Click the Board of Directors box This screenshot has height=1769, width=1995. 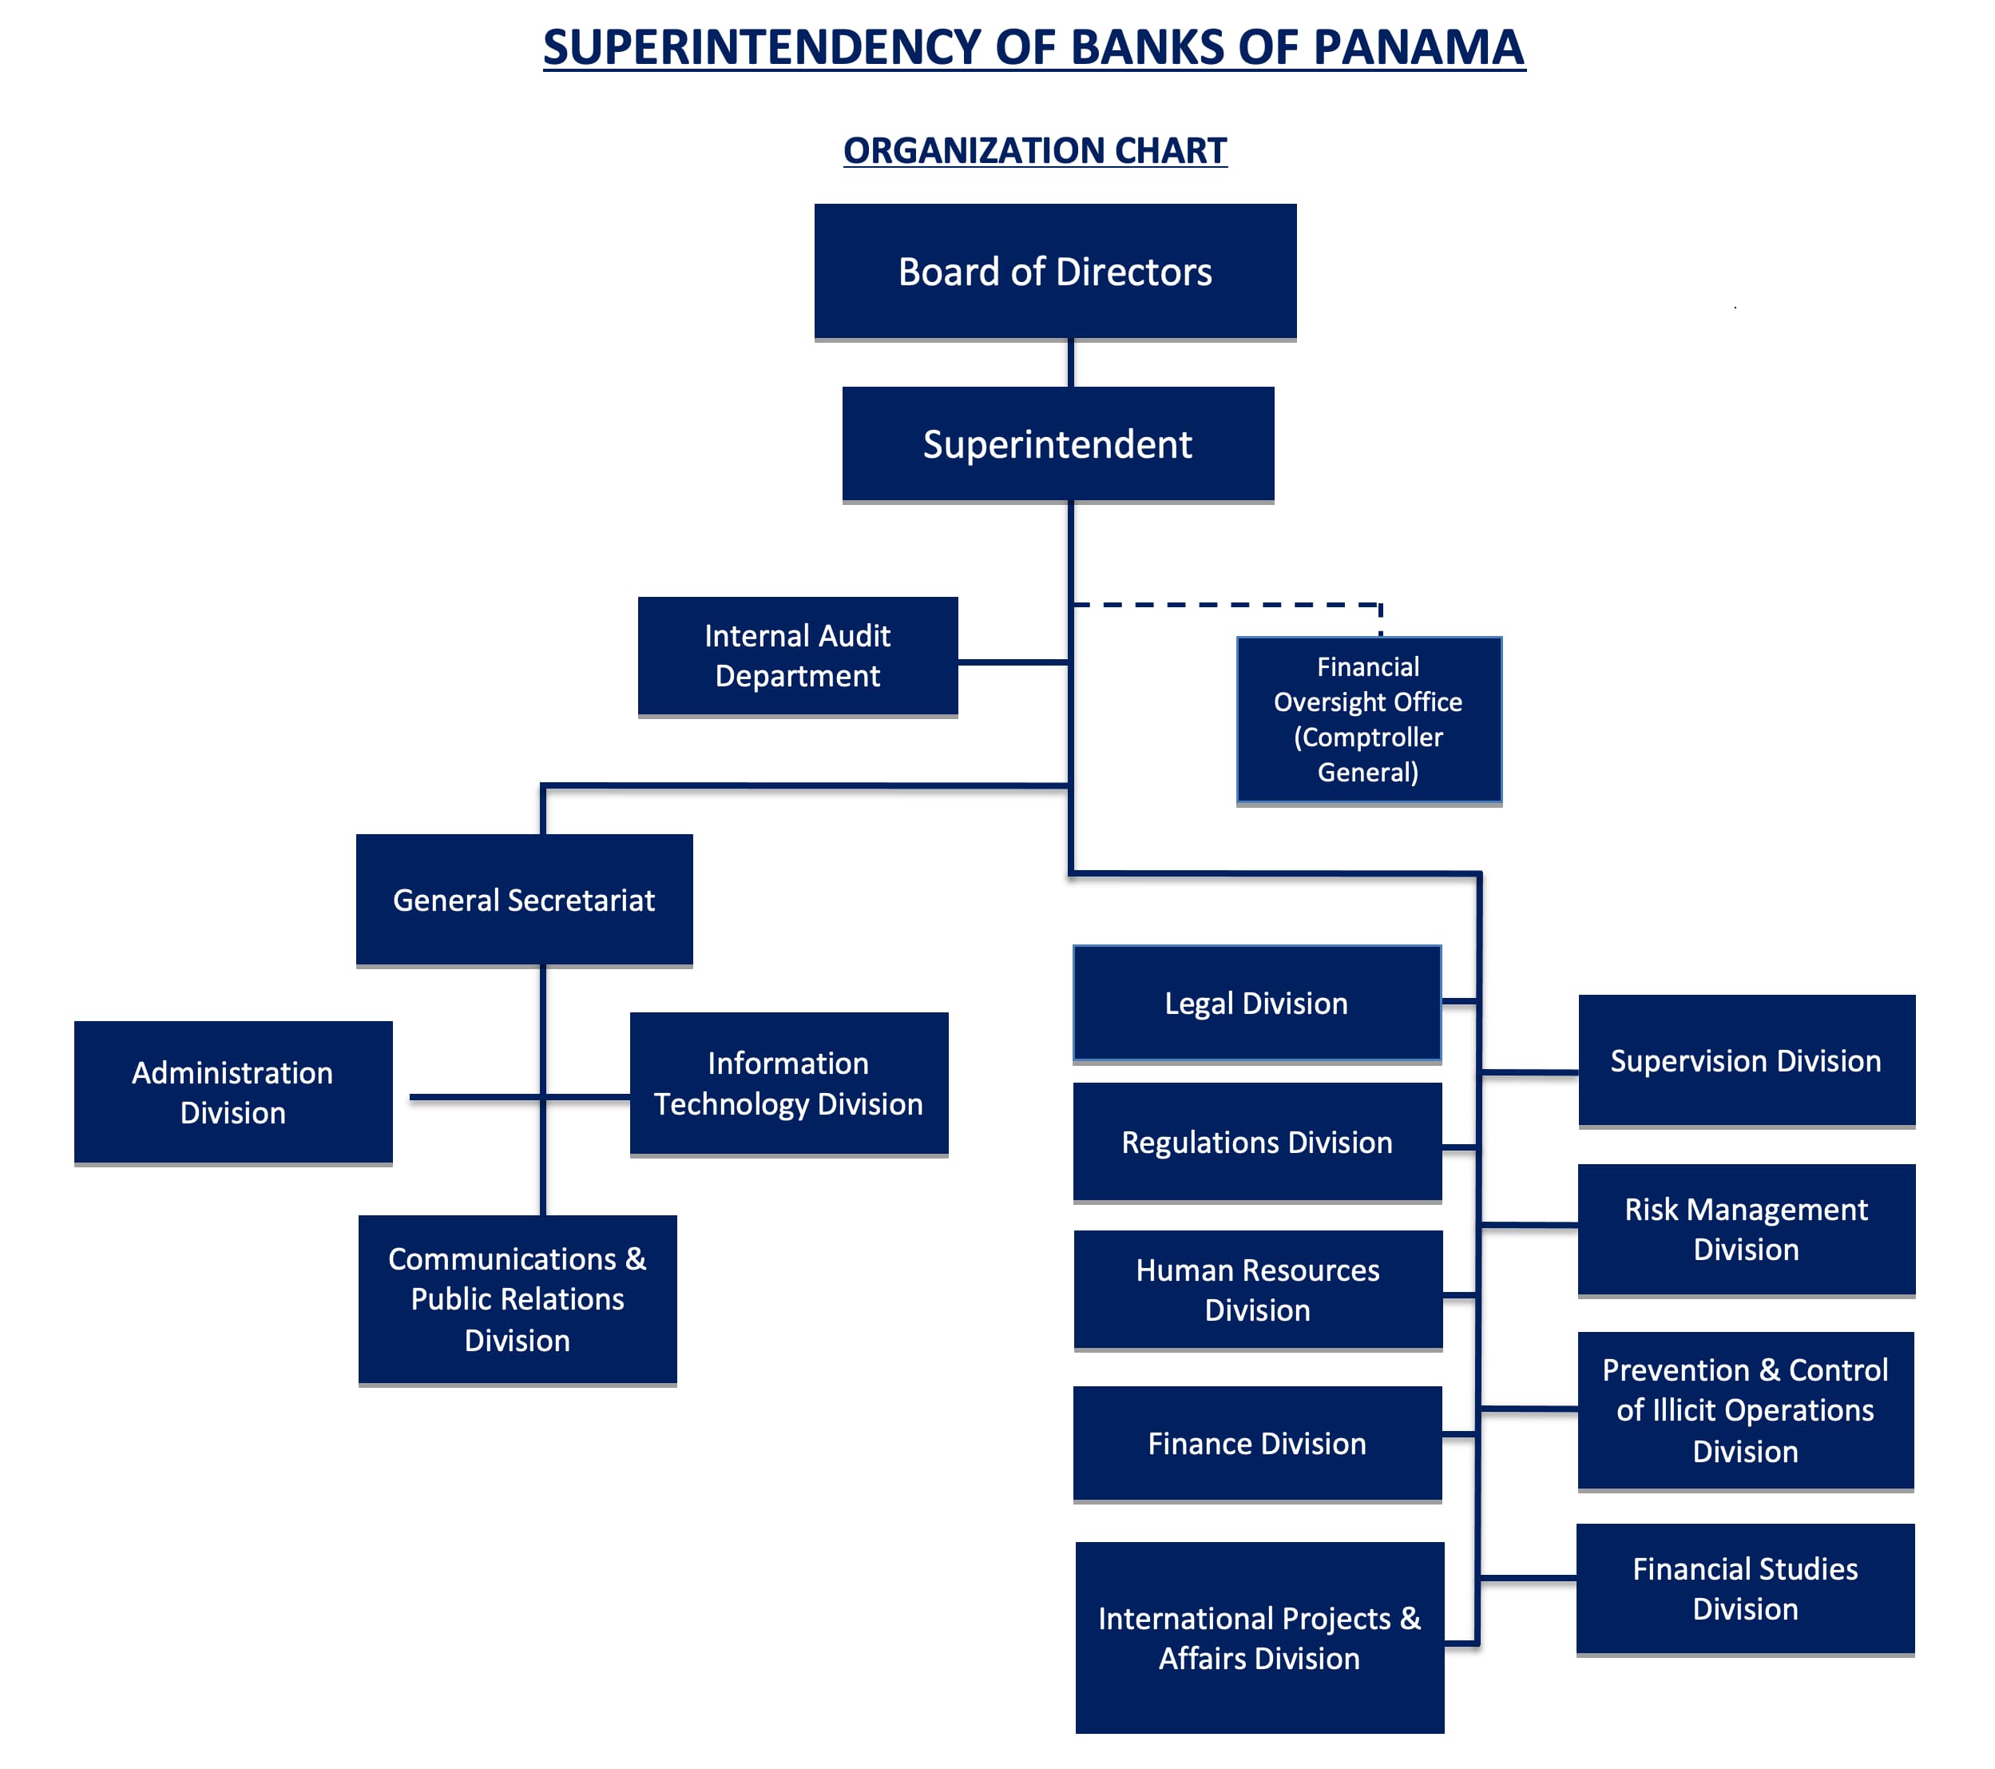[1055, 272]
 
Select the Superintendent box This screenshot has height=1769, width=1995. [1058, 444]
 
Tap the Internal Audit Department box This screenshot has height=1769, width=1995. [797, 656]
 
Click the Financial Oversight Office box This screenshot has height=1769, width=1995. [1368, 720]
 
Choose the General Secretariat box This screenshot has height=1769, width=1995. [524, 899]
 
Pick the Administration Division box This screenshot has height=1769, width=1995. [233, 1092]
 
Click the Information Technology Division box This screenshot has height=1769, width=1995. [788, 1083]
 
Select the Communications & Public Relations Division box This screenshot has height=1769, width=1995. [518, 1299]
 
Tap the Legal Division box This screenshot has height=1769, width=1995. [1257, 1004]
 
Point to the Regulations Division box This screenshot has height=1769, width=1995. [1257, 1143]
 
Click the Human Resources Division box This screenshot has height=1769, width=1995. [1258, 1290]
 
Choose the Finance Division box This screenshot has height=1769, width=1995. [1257, 1443]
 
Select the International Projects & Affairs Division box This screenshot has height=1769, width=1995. [1259, 1637]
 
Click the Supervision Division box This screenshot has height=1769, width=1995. [1746, 1061]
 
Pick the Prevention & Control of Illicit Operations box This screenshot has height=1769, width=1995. [1745, 1411]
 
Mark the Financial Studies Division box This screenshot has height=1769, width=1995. [1745, 1588]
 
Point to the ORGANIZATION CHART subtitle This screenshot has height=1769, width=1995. [1034, 150]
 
